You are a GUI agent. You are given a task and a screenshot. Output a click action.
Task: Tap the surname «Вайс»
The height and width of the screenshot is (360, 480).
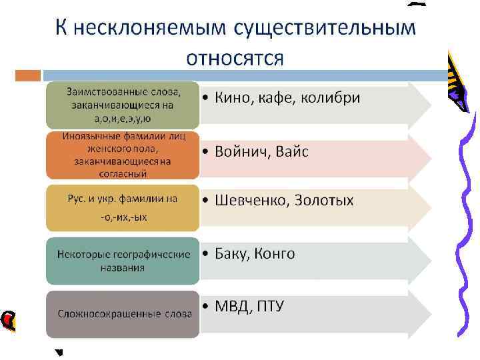tap(294, 151)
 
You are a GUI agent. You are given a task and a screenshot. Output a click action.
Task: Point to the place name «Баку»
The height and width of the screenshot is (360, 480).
tap(233, 254)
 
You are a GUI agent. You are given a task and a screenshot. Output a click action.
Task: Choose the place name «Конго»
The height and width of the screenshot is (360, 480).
tap(275, 254)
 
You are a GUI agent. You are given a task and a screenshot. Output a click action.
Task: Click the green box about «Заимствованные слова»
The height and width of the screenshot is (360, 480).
tap(121, 105)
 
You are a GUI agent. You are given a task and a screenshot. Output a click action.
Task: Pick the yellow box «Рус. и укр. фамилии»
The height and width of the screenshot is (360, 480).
tap(121, 207)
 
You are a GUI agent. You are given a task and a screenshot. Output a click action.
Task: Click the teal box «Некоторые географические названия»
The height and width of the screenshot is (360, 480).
tap(121, 260)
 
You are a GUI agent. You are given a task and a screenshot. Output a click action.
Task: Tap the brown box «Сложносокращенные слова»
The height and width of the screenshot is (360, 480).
tap(121, 313)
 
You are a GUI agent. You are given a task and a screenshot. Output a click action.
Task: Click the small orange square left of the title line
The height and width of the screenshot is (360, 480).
tap(28, 75)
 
